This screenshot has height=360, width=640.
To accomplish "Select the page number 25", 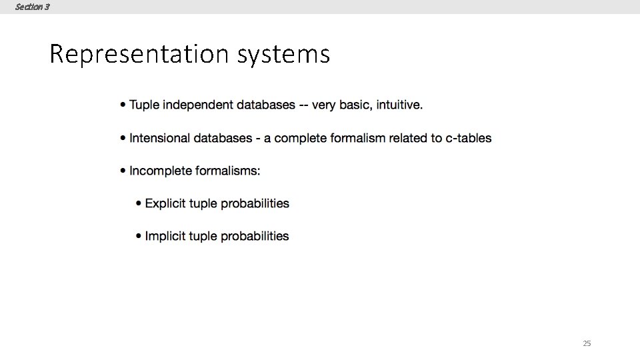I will (587, 343).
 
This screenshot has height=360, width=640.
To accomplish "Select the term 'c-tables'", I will (467, 138).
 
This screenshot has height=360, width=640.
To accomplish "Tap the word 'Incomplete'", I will (161, 171).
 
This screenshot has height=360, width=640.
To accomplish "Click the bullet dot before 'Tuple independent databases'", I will (123, 105).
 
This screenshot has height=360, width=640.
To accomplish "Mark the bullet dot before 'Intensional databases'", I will (123, 139).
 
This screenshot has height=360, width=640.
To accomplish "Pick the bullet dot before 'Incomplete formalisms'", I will (123, 171).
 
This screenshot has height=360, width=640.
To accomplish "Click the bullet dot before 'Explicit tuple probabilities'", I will (138, 203).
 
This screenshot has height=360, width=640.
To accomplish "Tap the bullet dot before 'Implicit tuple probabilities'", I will (138, 236).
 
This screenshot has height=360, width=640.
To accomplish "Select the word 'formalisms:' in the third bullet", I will (228, 171).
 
